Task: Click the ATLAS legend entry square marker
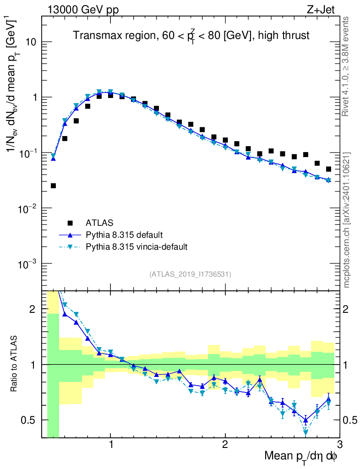pyautogui.click(x=70, y=223)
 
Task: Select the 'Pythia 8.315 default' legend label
pyautogui.click(x=124, y=235)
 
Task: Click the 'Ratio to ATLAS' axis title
pyautogui.click(x=15, y=364)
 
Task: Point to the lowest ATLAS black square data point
pyautogui.click(x=53, y=185)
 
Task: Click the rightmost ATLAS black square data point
pyautogui.click(x=328, y=169)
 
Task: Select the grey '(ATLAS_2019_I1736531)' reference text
pyautogui.click(x=190, y=274)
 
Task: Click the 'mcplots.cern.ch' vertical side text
pyautogui.click(x=347, y=220)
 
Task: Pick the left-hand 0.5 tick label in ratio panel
pyautogui.click(x=31, y=420)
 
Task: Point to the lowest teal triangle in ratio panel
pyautogui.click(x=305, y=432)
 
